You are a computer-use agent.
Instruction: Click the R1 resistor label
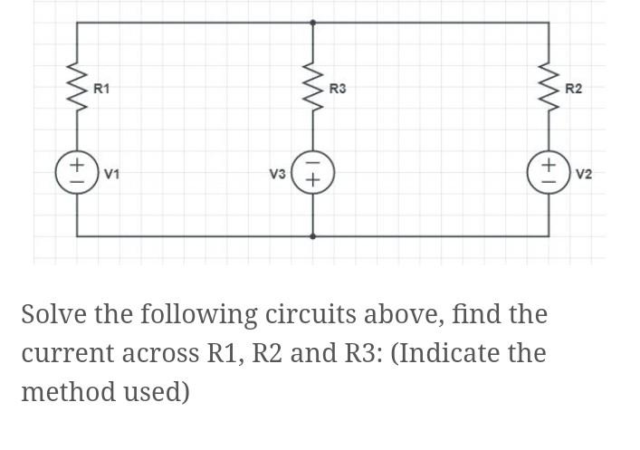pos(102,89)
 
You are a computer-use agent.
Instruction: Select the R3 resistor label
pos(338,89)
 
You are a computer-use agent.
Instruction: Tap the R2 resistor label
pos(573,89)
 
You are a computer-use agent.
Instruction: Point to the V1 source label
pos(113,172)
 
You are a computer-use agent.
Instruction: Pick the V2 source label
pos(584,172)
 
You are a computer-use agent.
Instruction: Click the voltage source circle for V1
pos(77,172)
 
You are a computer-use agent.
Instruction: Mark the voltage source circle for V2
pos(549,172)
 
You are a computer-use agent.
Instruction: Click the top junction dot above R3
pos(313,22)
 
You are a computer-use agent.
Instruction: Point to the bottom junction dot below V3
pos(313,235)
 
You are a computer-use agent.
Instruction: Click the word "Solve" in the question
pos(52,315)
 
